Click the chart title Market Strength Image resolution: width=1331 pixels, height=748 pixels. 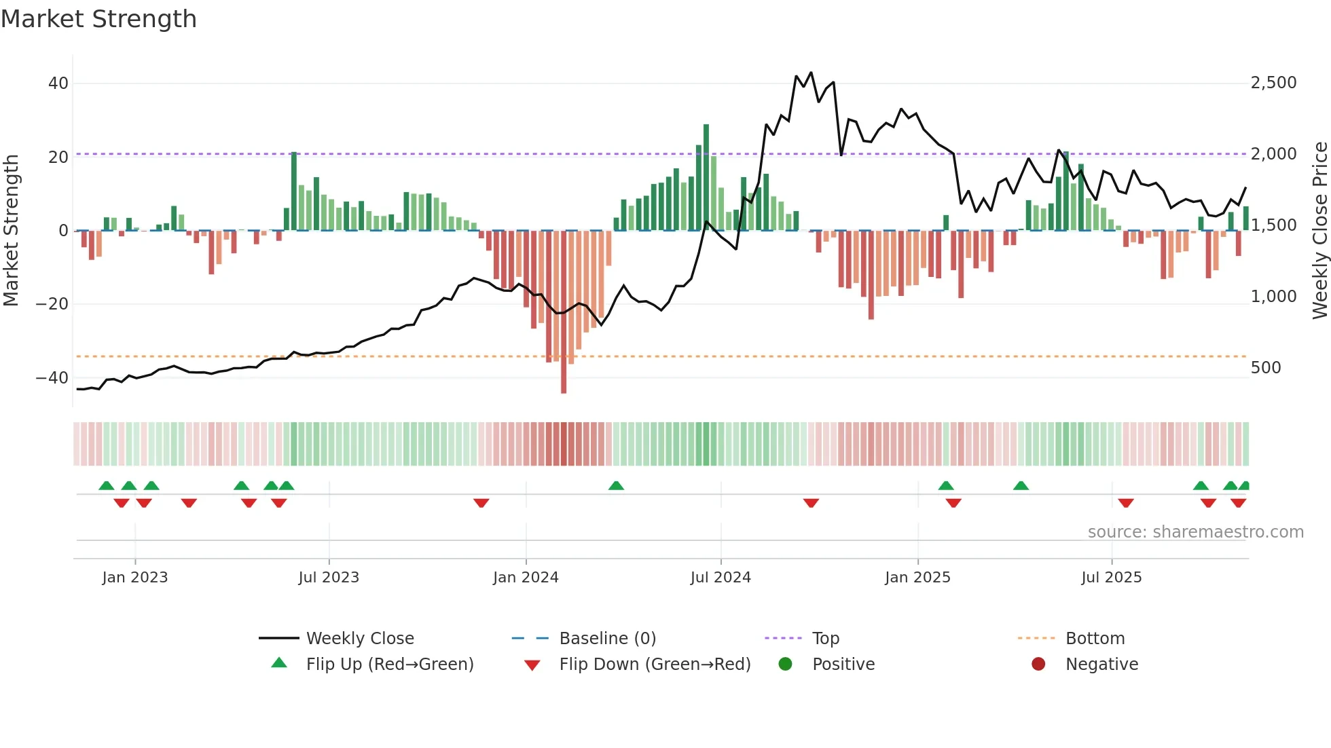[x=99, y=19]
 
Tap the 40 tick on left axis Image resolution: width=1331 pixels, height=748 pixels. [x=58, y=83]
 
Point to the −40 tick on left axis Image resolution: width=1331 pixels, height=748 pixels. [x=53, y=377]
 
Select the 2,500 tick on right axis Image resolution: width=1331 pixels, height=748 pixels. [x=1273, y=83]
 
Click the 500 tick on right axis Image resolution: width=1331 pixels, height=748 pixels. [x=1265, y=368]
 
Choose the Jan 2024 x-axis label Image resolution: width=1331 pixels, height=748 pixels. [x=526, y=578]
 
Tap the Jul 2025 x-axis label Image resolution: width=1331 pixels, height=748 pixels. [x=1111, y=578]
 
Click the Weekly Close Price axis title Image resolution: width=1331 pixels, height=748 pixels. [x=1319, y=230]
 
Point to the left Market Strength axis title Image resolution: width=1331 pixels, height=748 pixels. [x=12, y=230]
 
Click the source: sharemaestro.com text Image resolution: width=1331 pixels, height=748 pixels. [x=1195, y=532]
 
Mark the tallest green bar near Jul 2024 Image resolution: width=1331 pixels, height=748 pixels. [x=706, y=176]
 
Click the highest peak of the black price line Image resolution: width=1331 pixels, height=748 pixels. [x=811, y=73]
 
